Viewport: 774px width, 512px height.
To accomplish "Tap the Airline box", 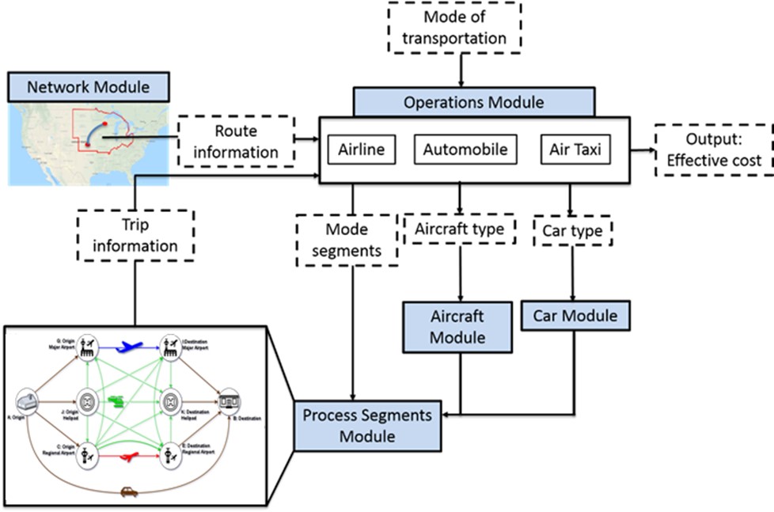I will coord(361,149).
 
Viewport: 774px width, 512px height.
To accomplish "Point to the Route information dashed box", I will coord(236,142).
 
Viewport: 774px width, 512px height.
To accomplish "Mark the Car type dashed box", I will coord(572,231).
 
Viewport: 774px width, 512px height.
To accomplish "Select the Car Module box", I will coord(575,317).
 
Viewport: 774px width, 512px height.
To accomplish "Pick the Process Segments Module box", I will coord(356,424).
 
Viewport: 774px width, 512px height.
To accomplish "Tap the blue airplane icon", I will coord(130,346).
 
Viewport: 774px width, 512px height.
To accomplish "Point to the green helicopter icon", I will coord(120,401).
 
